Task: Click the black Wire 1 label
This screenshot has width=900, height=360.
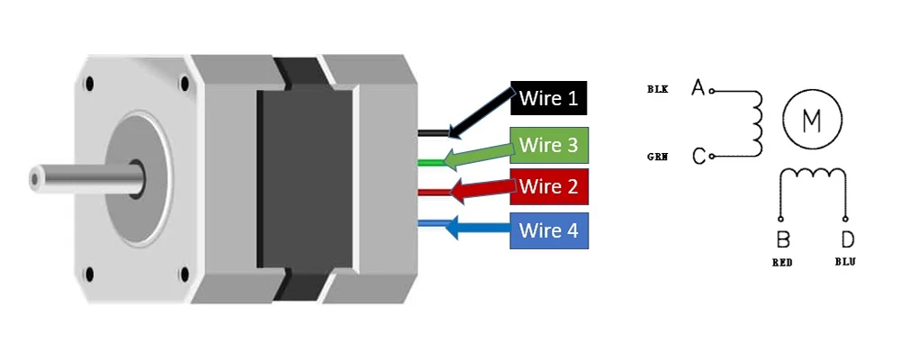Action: click(549, 97)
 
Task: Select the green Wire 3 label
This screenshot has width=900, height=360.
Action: click(549, 144)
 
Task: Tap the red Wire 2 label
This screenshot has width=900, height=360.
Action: click(549, 186)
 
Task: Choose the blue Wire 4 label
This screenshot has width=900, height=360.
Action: click(549, 230)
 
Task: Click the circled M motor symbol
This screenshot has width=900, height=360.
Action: click(811, 120)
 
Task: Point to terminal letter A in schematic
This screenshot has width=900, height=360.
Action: click(697, 87)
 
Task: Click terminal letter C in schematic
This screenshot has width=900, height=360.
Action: click(698, 157)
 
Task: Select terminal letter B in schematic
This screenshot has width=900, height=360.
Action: click(782, 240)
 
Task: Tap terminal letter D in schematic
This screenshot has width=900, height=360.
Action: click(847, 240)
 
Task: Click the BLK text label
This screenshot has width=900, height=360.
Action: click(657, 89)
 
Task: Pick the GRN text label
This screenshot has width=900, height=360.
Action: click(657, 157)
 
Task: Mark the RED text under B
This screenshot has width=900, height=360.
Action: click(781, 263)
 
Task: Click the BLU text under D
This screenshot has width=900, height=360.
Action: click(845, 263)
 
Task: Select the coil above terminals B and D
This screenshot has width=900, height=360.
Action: click(814, 175)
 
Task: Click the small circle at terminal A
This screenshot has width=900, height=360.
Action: click(712, 90)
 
